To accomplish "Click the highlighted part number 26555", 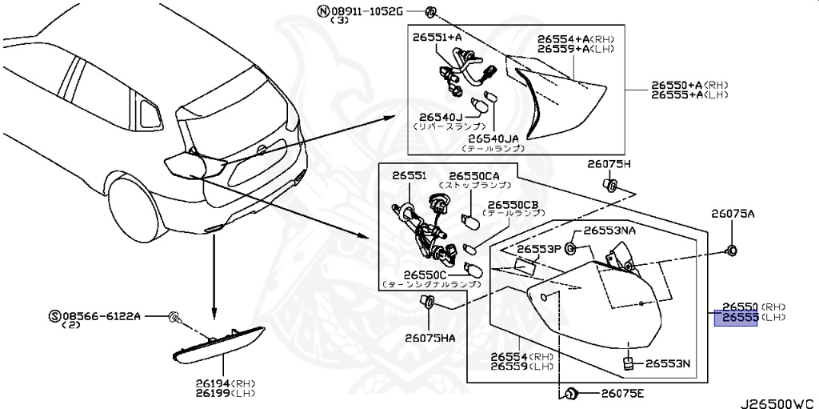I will click(740, 318).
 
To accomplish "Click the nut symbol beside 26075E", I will click(571, 393).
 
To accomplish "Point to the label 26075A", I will click(733, 214).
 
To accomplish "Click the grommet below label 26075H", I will click(611, 186).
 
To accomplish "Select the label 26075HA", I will click(429, 338).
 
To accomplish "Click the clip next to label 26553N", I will click(629, 364).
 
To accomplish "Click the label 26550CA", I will click(473, 175).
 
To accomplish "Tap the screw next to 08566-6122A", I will click(175, 319).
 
